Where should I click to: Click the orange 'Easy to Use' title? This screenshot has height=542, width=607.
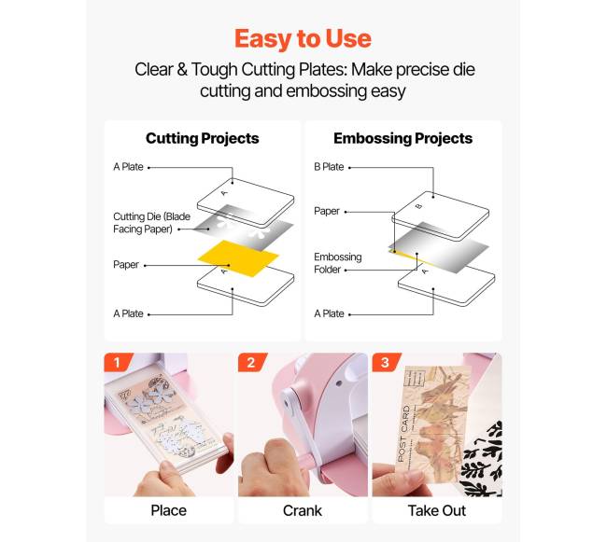click(x=303, y=39)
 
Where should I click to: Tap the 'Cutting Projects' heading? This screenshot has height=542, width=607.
click(x=203, y=138)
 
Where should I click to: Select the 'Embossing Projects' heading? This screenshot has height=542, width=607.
click(x=403, y=138)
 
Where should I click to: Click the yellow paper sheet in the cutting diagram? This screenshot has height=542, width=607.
click(x=238, y=257)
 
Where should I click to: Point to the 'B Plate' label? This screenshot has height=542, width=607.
click(x=329, y=167)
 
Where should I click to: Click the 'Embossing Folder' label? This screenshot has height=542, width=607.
click(x=337, y=263)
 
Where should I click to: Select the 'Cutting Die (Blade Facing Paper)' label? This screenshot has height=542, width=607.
click(x=151, y=223)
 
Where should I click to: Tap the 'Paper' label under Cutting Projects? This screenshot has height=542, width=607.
click(x=126, y=264)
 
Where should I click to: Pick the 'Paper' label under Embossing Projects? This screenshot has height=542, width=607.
click(x=327, y=211)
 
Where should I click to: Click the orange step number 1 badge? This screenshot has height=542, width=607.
click(x=118, y=362)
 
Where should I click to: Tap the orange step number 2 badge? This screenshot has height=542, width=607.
click(x=251, y=362)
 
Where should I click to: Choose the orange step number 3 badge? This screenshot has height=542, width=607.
click(x=386, y=362)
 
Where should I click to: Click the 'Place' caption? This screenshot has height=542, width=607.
click(x=169, y=510)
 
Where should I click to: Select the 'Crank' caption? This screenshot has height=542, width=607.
click(x=303, y=510)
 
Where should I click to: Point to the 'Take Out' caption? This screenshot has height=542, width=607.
click(x=437, y=510)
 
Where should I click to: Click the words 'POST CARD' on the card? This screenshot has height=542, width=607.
click(x=403, y=434)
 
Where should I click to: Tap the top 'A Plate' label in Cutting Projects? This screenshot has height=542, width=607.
click(x=128, y=167)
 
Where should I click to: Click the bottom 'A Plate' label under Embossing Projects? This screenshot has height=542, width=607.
click(x=329, y=313)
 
